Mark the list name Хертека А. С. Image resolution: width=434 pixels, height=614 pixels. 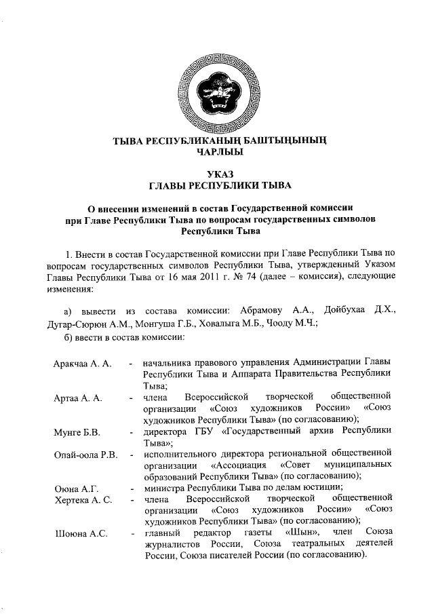point(81,499)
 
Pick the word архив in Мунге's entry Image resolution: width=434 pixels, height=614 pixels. point(311,431)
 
